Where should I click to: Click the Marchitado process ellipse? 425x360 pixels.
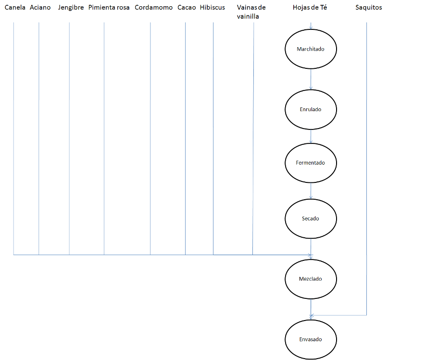click(x=311, y=49)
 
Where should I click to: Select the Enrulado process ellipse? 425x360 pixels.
click(x=311, y=109)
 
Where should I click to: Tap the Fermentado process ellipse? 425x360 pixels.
click(x=311, y=163)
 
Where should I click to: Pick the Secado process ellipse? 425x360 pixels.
click(x=311, y=219)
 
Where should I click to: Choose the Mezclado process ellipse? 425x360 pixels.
click(x=311, y=279)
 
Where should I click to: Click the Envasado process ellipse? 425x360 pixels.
click(x=311, y=339)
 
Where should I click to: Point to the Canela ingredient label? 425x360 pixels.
click(x=15, y=8)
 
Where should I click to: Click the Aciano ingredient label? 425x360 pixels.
click(x=40, y=8)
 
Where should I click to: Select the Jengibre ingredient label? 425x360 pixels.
click(x=71, y=8)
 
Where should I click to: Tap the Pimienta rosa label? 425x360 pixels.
click(x=109, y=8)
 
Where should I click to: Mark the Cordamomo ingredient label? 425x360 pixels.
click(x=154, y=8)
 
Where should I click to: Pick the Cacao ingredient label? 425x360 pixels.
click(x=187, y=8)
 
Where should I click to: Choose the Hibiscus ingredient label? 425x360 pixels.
click(x=212, y=8)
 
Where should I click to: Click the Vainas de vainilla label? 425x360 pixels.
click(x=251, y=12)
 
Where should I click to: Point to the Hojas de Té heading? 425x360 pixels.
click(x=310, y=8)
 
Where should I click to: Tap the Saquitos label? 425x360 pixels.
click(x=369, y=8)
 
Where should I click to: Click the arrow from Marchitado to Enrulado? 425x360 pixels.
click(x=311, y=79)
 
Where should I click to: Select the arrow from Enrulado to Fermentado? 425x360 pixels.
click(x=311, y=136)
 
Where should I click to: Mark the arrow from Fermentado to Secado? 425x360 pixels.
click(x=311, y=191)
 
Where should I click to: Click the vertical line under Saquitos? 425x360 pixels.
click(x=366, y=169)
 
